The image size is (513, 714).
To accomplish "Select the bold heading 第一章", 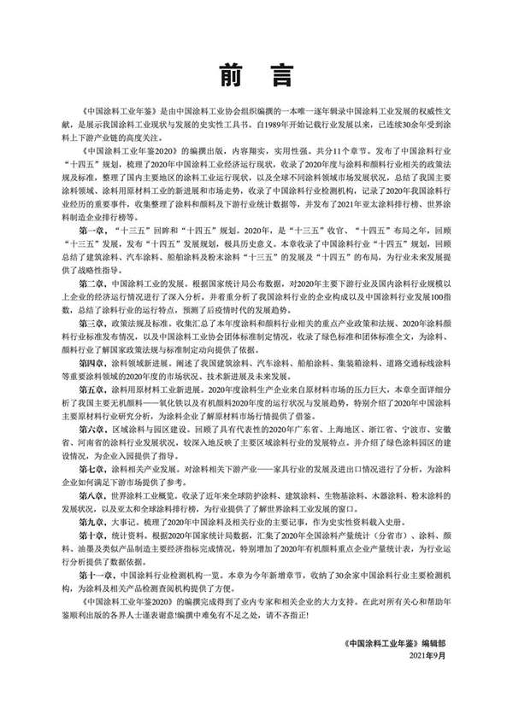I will click(x=92, y=231).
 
